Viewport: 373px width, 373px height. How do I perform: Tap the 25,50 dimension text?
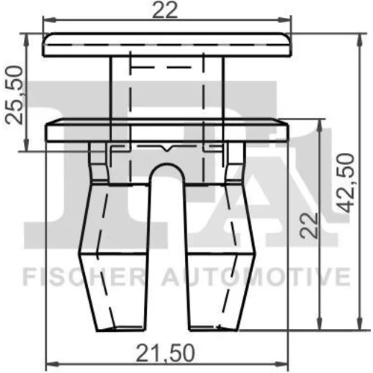click(14, 95)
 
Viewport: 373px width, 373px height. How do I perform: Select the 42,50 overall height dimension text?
click(345, 183)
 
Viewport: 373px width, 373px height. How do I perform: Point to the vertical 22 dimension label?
click(309, 225)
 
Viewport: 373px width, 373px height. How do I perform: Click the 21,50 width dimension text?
click(165, 353)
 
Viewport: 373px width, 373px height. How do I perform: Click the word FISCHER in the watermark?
click(84, 277)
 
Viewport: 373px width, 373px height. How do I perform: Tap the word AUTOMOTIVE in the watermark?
click(257, 277)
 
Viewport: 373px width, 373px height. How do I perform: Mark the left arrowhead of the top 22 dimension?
click(50, 19)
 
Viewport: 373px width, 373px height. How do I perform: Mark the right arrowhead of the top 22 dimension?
click(284, 19)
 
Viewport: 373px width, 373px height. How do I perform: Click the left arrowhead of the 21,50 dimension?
click(54, 365)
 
